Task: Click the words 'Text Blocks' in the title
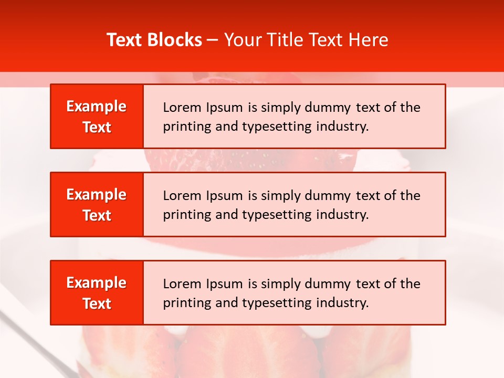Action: coord(154,40)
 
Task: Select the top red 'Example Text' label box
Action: coord(97,117)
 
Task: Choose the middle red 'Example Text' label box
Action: coord(97,205)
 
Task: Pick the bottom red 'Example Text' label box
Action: coord(97,293)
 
